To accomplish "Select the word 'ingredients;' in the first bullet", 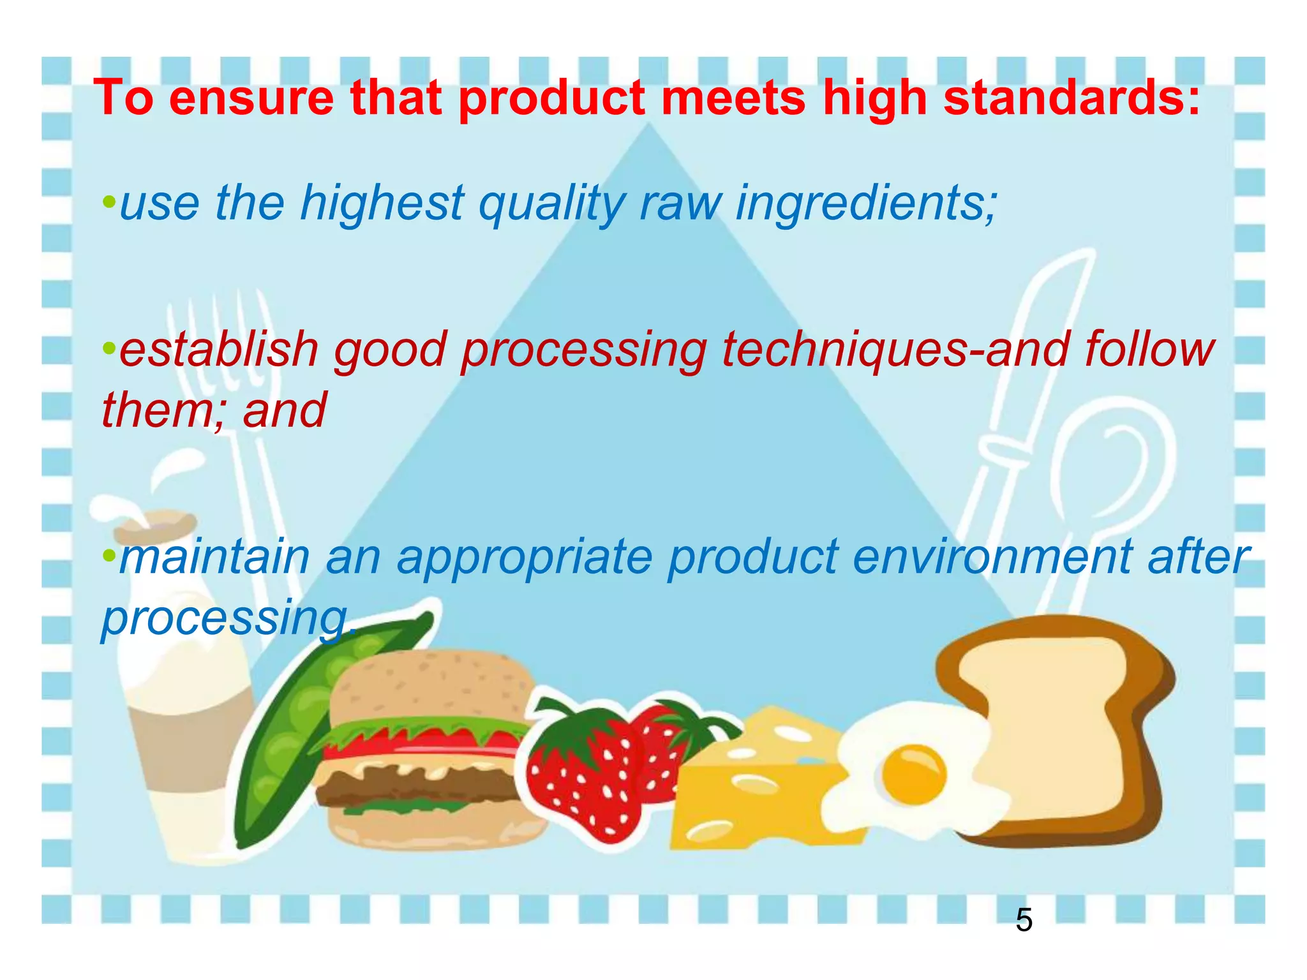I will click(x=866, y=203).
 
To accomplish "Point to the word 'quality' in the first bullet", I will click(x=552, y=203).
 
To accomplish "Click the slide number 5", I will click(x=1024, y=920).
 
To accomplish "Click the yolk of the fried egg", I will click(x=913, y=775).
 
